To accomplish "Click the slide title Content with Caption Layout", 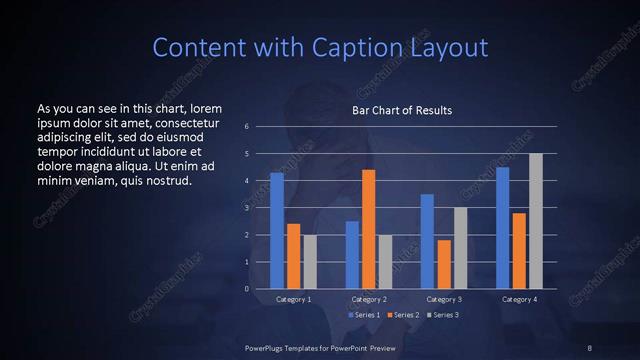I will click(320, 47).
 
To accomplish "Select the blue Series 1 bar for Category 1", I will click(277, 231).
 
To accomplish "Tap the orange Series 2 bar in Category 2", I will click(369, 229).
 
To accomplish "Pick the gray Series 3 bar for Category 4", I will click(536, 221).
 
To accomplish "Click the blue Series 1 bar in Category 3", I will click(427, 241).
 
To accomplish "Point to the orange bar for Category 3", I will click(444, 264).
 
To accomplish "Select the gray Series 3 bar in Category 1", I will click(310, 262).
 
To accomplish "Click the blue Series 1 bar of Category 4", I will click(502, 228).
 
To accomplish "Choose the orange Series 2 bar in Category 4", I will click(519, 251).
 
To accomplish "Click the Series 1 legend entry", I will click(362, 315).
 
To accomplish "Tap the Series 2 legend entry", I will click(402, 315).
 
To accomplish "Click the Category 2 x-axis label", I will click(369, 299).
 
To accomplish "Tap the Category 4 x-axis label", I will click(519, 299).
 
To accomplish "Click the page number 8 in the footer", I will click(590, 347).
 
